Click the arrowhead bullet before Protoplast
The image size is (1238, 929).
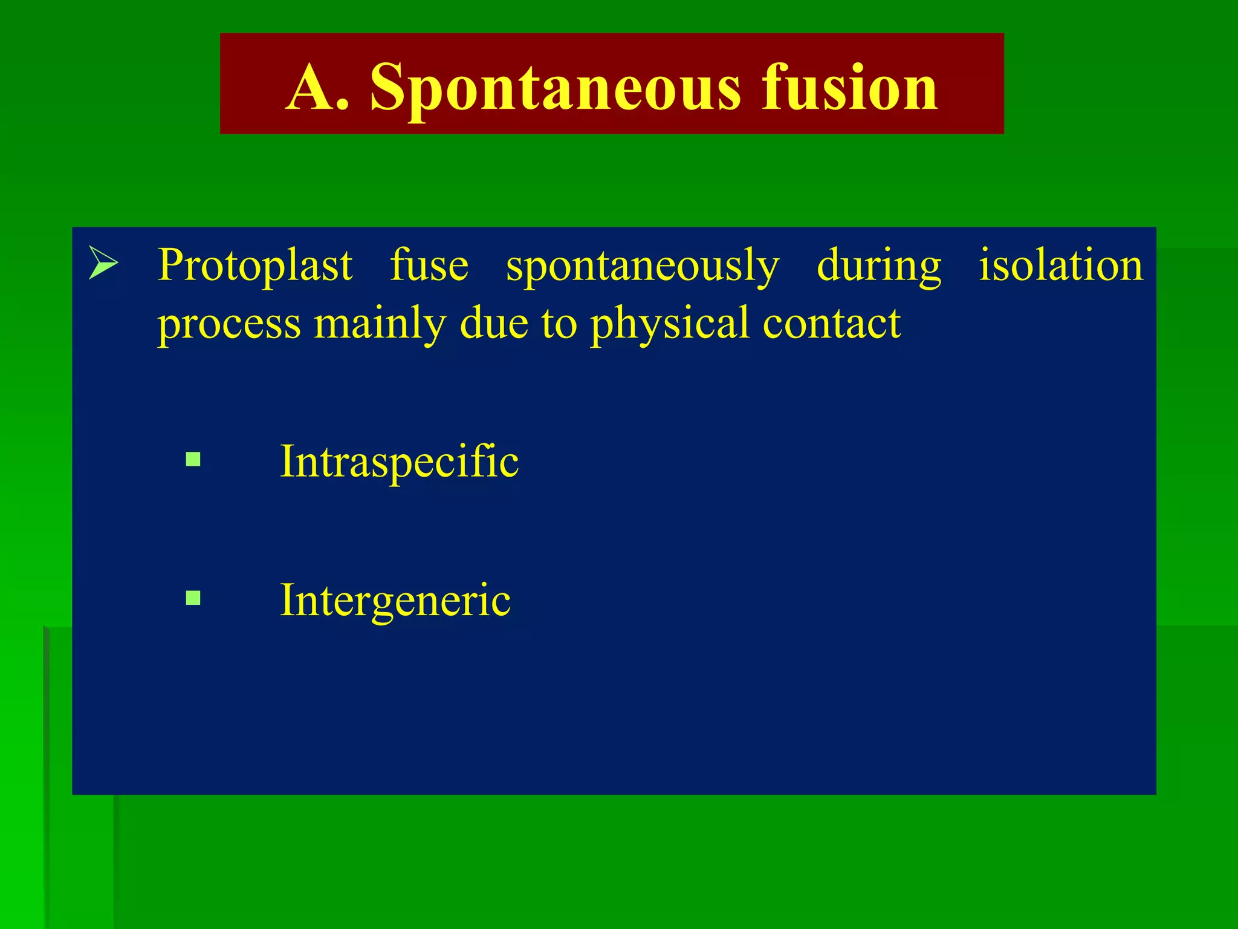pyautogui.click(x=103, y=262)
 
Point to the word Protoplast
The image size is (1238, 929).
pyautogui.click(x=254, y=266)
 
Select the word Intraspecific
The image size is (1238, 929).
pyautogui.click(x=399, y=461)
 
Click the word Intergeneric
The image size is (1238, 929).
pyautogui.click(x=395, y=601)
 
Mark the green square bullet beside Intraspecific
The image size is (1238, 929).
pyautogui.click(x=193, y=460)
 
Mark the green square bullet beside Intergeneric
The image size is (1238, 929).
pyautogui.click(x=193, y=598)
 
